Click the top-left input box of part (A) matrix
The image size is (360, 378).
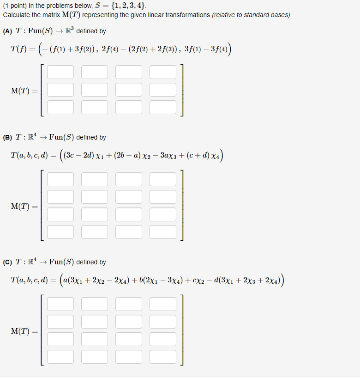[60, 72]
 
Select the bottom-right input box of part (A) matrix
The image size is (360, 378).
[163, 107]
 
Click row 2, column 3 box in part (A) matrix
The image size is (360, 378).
[129, 90]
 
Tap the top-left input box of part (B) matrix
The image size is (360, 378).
[60, 179]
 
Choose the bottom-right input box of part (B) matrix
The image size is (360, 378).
[163, 231]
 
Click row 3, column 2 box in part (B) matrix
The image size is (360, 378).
[95, 214]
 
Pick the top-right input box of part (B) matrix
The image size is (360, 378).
[163, 179]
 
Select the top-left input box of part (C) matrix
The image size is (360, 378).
[60, 304]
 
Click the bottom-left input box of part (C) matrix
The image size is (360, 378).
[60, 356]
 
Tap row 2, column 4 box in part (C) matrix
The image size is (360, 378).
[163, 322]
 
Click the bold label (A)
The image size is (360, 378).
[8, 31]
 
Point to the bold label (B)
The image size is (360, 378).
[8, 138]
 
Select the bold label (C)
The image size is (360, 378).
[8, 262]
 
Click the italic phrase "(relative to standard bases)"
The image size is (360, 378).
[251, 15]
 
